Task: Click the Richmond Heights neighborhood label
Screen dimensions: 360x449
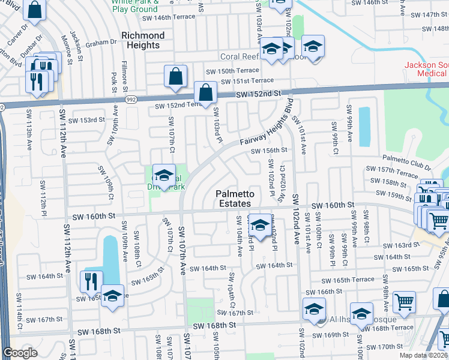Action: [143, 40]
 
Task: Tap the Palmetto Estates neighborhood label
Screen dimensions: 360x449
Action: [235, 199]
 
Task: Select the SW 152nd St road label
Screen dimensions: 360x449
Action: [259, 94]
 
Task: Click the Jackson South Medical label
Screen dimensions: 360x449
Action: [426, 69]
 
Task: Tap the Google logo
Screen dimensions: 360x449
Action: [20, 353]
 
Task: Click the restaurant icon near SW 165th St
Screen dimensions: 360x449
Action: [91, 281]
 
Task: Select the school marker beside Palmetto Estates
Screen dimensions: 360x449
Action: [259, 225]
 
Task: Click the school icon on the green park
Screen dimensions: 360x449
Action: [163, 175]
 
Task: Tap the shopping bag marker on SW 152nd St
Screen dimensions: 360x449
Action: [205, 94]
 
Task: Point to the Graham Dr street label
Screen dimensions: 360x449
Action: [101, 43]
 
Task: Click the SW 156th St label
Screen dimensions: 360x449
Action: [269, 151]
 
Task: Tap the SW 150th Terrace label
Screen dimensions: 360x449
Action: [231, 71]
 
